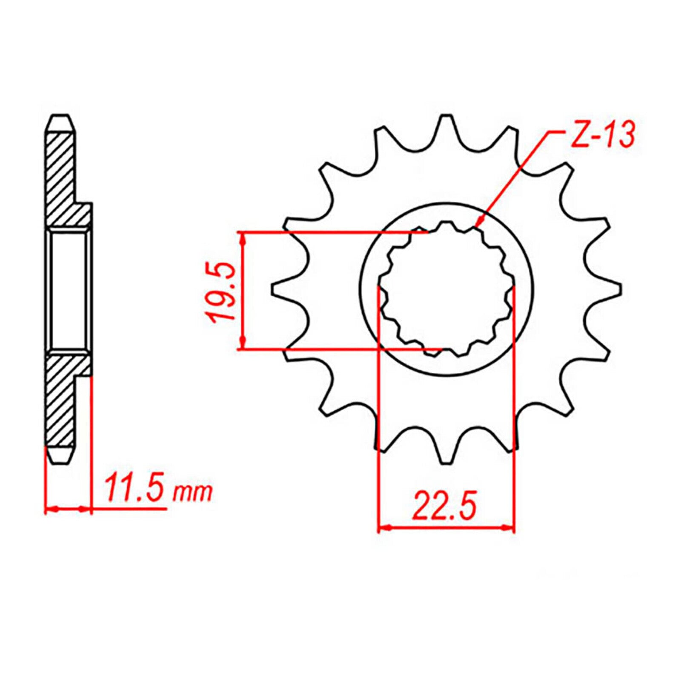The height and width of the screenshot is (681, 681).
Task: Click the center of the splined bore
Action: point(446,289)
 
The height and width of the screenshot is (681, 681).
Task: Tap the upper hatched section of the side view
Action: point(62,179)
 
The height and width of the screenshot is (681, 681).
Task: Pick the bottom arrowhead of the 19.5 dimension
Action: point(243,344)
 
